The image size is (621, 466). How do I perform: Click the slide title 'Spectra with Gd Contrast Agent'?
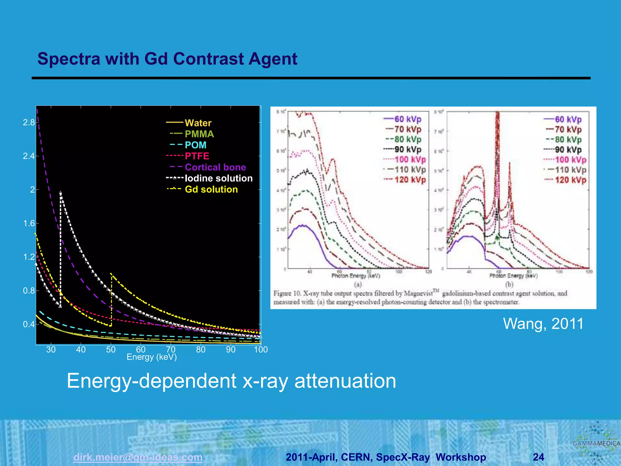tap(167, 59)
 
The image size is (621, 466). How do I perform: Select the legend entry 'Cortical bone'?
tap(215, 167)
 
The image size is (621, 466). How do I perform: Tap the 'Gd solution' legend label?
tap(211, 189)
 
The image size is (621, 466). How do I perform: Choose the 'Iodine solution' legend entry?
tap(219, 178)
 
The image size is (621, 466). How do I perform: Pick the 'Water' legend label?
tap(198, 123)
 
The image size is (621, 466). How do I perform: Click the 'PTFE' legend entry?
tap(197, 156)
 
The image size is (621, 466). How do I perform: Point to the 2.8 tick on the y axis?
tap(29, 123)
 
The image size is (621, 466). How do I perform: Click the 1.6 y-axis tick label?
tap(29, 224)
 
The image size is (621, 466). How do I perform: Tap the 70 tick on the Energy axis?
tap(171, 349)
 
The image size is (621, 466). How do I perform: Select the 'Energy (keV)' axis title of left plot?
tap(152, 357)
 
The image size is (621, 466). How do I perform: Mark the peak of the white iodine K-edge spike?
tap(61, 192)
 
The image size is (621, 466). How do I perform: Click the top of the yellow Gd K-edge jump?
tap(111, 274)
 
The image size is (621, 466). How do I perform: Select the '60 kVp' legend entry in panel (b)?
tap(568, 120)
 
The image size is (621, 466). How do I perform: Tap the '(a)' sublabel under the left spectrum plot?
tap(358, 285)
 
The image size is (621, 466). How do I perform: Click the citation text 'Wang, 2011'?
tap(543, 323)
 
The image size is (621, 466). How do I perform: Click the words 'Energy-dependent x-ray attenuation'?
tap(231, 381)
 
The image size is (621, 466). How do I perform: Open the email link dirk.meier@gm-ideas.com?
tap(138, 457)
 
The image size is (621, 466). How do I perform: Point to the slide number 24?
tap(538, 457)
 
